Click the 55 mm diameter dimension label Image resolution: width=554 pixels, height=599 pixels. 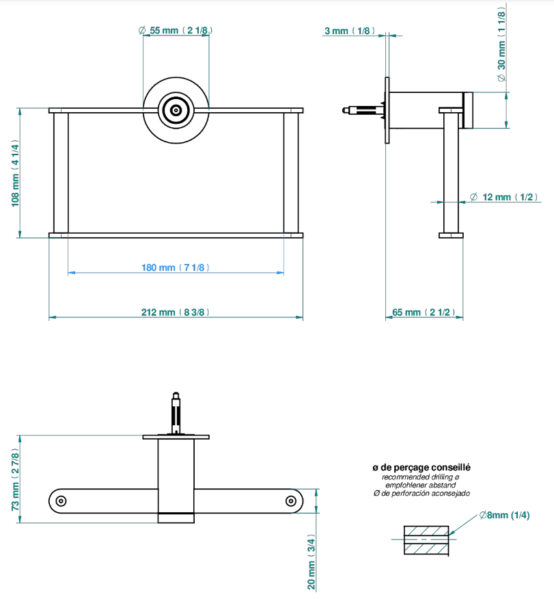coord(176,31)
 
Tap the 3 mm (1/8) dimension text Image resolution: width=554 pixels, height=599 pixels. coord(350,31)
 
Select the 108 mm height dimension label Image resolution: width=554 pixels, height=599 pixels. coord(15,173)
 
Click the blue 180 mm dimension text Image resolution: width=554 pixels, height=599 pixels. coord(176,267)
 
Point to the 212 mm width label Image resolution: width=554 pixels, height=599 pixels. coord(176,312)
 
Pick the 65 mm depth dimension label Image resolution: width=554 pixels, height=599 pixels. coord(424,312)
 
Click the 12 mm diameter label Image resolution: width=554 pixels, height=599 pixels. coord(503,197)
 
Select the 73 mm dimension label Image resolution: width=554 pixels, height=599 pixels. coord(15,479)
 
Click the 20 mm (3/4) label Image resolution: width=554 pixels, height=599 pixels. coord(311,561)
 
